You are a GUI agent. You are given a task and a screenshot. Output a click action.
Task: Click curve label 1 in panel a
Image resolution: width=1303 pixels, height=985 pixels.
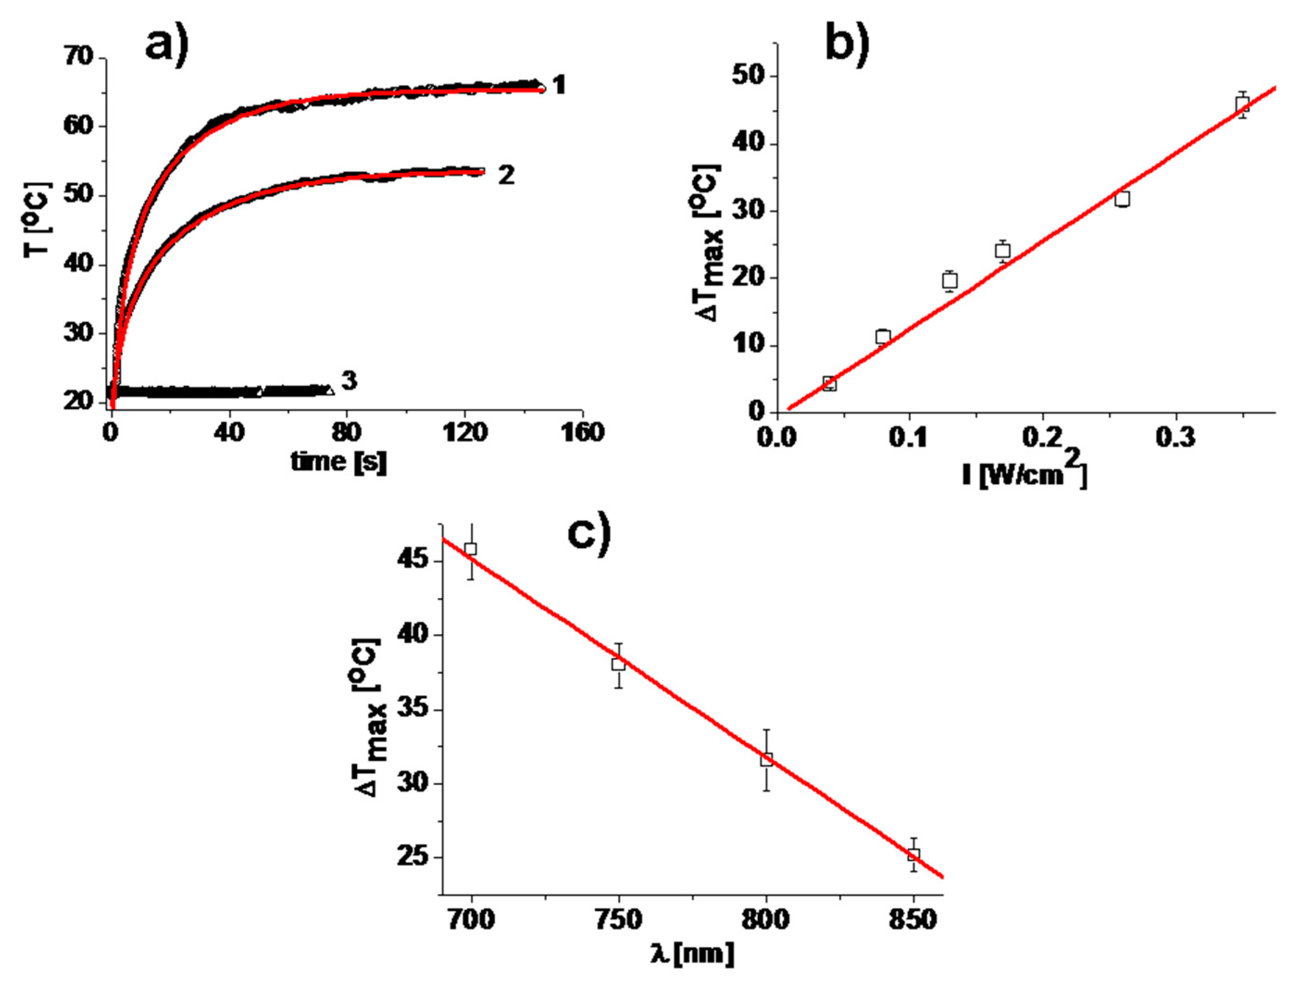tap(558, 86)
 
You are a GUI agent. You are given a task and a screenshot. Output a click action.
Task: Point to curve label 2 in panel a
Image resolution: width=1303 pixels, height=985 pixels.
tap(506, 175)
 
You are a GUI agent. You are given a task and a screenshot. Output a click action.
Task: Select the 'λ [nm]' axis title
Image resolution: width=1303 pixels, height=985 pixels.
tap(693, 953)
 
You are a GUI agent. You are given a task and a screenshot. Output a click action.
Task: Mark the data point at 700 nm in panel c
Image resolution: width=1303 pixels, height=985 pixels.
tap(471, 549)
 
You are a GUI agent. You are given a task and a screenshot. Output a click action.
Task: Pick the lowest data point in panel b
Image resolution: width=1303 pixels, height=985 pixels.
tap(829, 384)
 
